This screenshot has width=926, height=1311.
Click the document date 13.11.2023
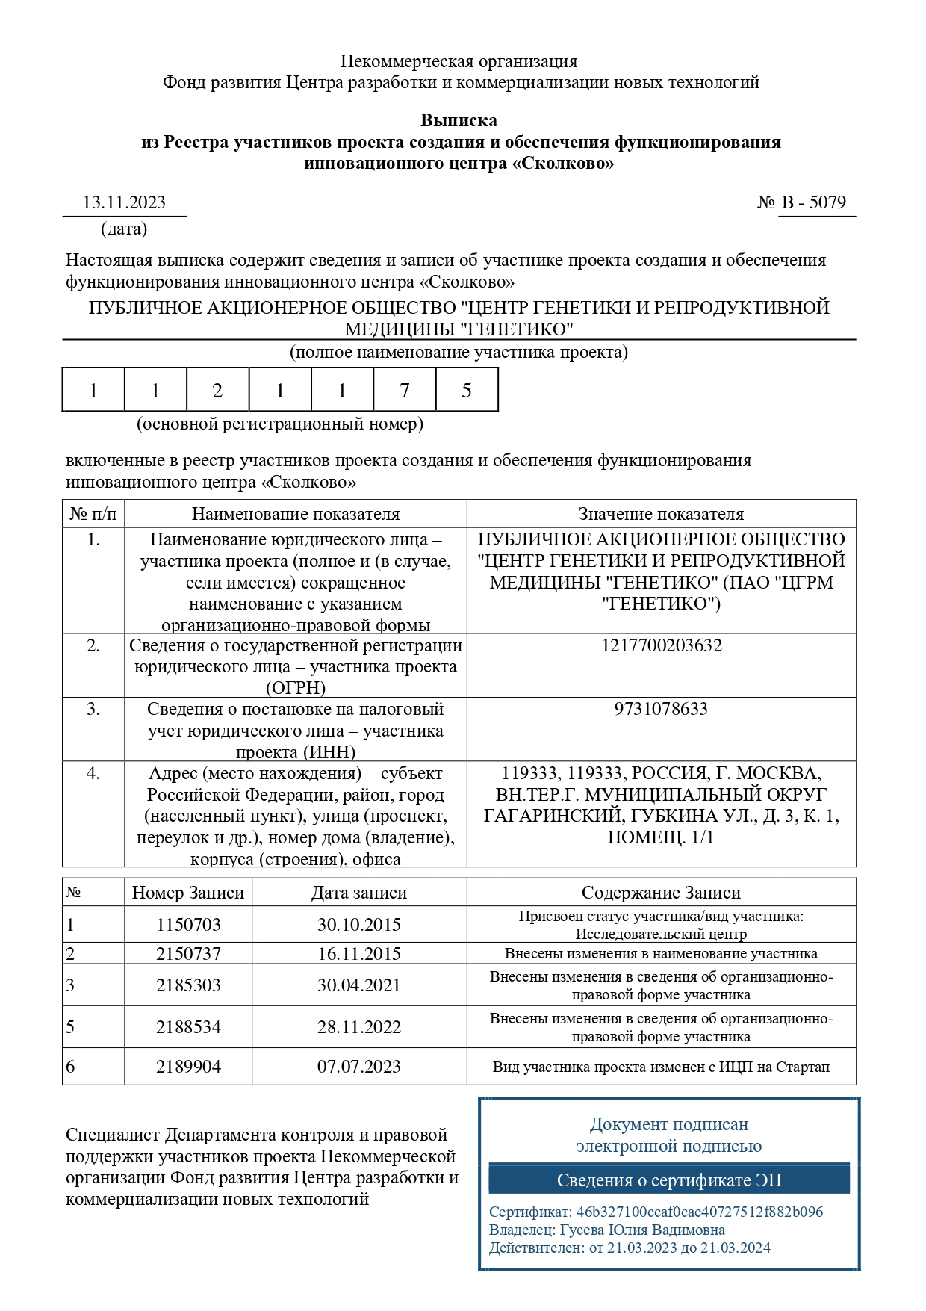124,202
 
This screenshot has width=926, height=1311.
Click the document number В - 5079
814,202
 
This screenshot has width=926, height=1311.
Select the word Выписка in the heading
459,120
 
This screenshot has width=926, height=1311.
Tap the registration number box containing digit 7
404,390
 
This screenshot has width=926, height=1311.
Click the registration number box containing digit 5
466,390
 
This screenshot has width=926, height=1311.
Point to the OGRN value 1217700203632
661,645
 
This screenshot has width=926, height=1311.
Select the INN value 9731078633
661,709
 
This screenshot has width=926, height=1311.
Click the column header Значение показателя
661,514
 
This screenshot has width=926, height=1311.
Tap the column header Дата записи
359,893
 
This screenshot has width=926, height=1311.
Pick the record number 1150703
188,925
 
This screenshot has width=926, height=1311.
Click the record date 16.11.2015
359,954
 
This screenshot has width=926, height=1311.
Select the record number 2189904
188,1067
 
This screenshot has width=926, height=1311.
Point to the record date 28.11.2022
359,1027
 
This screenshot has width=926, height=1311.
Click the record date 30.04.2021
359,985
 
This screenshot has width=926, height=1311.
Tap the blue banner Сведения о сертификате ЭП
669,1180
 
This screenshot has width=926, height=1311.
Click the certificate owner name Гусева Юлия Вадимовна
642,1230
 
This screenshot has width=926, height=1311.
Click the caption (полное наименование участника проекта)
459,352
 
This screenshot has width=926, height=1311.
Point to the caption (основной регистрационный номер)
279,424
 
